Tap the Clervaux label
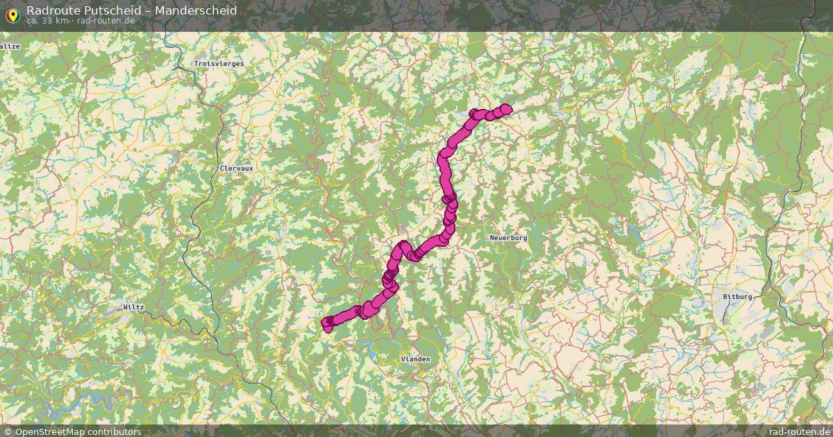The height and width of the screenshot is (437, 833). click(236, 168)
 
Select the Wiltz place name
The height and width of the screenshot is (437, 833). click(133, 307)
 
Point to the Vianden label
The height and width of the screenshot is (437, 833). click(415, 359)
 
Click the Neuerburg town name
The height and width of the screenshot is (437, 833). click(508, 237)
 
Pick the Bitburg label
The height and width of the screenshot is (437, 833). click(737, 296)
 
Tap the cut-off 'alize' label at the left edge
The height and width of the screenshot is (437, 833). click(10, 46)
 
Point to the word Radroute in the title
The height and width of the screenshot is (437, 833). click(52, 10)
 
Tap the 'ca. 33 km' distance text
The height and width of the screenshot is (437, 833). click(47, 21)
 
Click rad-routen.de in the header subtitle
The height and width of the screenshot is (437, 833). click(106, 21)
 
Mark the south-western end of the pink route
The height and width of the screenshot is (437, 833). click(326, 322)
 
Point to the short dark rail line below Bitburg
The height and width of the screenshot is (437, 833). click(725, 316)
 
